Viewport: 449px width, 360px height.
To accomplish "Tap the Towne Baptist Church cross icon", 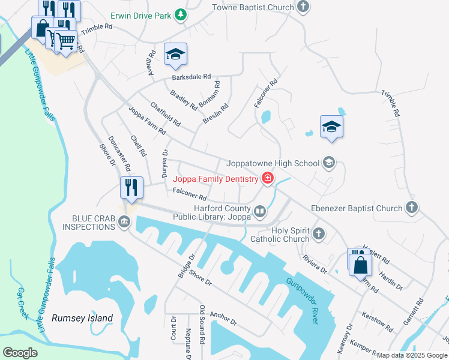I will tap(304, 8).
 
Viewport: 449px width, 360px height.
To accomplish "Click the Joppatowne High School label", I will tap(273, 163).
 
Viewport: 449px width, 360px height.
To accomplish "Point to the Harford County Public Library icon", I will tap(260, 211).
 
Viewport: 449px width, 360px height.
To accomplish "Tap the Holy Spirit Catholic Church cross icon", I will tap(319, 233).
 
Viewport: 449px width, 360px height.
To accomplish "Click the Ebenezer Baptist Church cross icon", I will tap(411, 208).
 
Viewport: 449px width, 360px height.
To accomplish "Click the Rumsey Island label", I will tap(82, 318).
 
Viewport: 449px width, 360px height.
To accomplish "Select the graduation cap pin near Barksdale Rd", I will tap(175, 54).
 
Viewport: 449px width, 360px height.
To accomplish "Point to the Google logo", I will tap(20, 353).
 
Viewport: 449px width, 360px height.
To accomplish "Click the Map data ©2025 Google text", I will tap(412, 355).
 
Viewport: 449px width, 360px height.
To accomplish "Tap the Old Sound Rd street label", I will tap(202, 324).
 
